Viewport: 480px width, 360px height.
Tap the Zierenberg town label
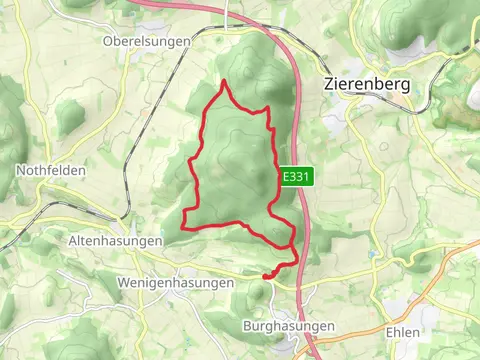click(368, 85)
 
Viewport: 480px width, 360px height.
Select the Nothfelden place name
click(51, 171)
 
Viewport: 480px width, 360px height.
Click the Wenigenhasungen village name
click(175, 283)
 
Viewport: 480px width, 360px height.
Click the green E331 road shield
click(292, 176)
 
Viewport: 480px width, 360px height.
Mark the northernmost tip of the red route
click(224, 82)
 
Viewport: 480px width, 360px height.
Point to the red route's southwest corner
click(184, 228)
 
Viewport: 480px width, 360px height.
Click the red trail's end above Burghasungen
click(265, 275)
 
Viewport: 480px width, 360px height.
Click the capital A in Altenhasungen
click(72, 241)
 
